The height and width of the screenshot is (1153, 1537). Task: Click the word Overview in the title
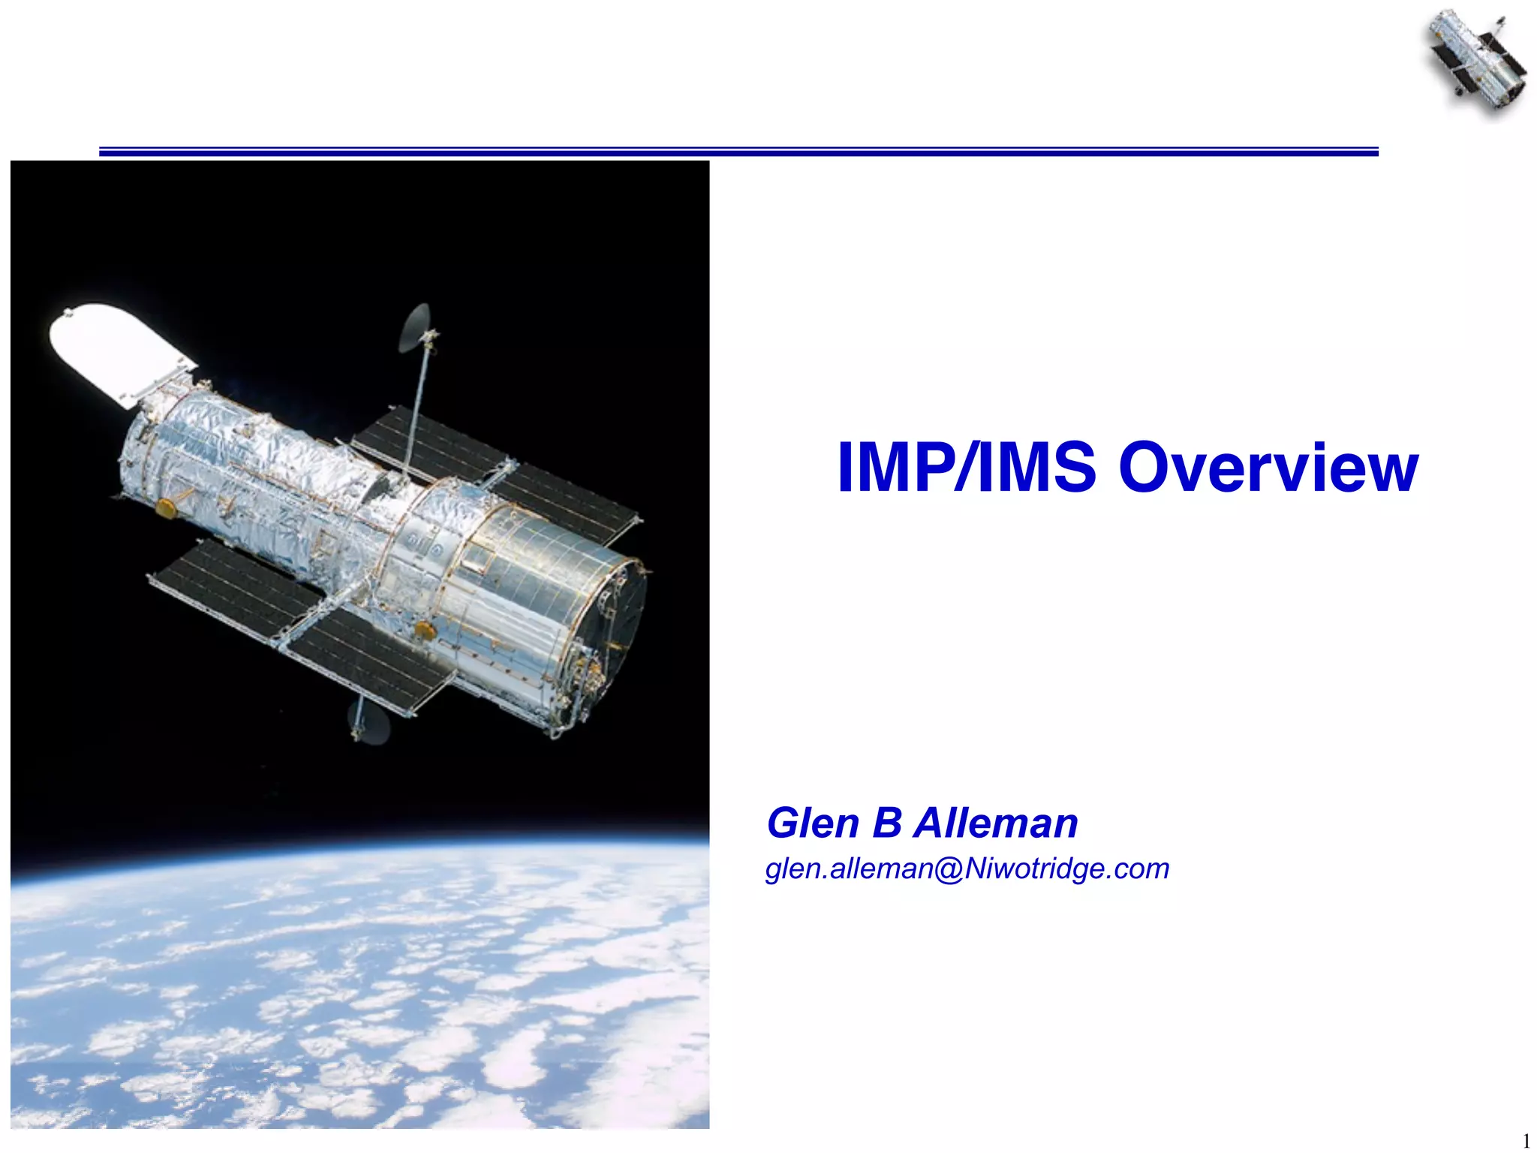[x=1268, y=468]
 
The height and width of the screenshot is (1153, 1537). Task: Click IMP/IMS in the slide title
[x=967, y=468]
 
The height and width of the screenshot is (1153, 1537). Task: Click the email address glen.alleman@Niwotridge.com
[x=967, y=869]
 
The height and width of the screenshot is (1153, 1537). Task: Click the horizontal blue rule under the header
[x=738, y=152]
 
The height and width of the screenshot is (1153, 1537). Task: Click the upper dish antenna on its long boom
[x=415, y=327]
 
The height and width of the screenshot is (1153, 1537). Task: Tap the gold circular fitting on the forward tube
[x=165, y=509]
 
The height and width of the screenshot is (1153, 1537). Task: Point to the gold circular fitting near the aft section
[x=426, y=629]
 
